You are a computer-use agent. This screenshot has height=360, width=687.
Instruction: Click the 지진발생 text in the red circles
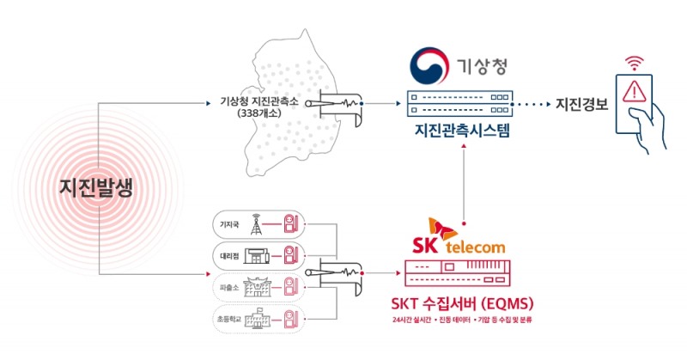coord(96,189)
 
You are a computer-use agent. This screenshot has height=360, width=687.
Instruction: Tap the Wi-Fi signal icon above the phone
coord(635,62)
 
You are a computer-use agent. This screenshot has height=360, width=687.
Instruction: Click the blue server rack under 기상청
coord(463,104)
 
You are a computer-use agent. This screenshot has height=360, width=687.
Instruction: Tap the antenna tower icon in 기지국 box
coord(255,226)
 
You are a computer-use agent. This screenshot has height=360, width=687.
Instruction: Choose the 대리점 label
coord(228,256)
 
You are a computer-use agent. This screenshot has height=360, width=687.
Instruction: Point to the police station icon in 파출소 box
coord(255,287)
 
